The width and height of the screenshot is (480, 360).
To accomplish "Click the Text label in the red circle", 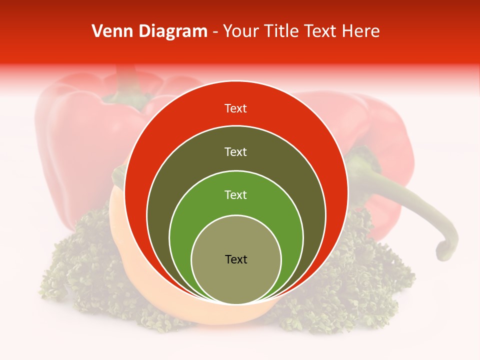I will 235,108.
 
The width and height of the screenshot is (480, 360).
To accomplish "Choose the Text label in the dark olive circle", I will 235,151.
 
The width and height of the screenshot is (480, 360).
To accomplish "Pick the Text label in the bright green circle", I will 235,194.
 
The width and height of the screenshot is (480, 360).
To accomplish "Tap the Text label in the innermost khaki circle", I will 236,259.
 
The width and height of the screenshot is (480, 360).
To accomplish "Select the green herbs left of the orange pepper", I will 75,280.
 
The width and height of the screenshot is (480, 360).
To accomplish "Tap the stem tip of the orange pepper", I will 118,172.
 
